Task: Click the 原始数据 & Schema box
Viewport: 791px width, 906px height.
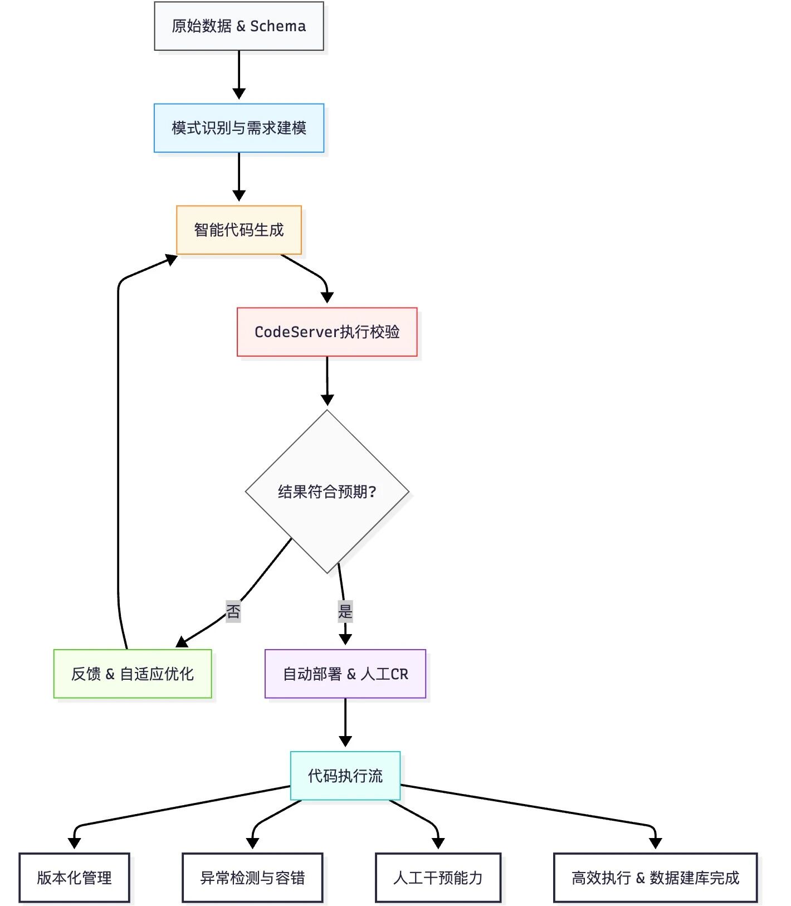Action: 238,26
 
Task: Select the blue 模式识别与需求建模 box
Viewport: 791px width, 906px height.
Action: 238,128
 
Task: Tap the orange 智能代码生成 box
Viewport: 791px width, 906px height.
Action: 238,230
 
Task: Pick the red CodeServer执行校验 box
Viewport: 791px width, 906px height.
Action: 327,332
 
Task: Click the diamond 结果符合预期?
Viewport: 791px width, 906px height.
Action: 327,491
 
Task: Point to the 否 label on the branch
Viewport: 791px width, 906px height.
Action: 233,611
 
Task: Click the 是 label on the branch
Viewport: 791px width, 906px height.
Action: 345,611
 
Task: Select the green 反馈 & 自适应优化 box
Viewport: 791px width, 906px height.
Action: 133,674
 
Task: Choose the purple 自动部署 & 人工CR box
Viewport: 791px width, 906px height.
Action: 345,674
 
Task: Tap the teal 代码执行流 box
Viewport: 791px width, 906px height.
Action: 345,776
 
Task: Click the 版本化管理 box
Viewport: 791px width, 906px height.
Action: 74,878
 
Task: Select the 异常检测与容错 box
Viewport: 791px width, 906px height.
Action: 252,878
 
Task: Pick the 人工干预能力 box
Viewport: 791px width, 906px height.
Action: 438,878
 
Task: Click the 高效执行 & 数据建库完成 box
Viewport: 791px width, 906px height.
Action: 655,878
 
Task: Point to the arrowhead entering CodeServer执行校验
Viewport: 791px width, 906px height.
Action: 327,298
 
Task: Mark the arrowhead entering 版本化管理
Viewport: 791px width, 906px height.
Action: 74,843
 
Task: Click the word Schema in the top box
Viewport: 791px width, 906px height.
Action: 278,26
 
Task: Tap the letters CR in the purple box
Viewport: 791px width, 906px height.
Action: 399,674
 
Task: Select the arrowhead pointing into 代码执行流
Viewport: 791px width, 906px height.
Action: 345,742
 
